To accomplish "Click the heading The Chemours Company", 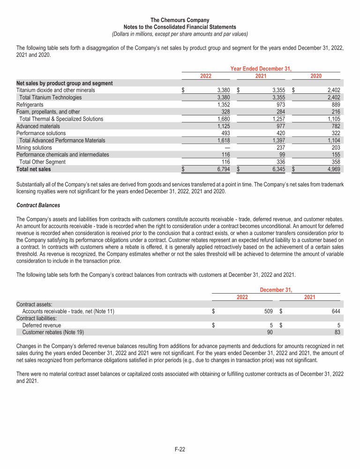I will tap(180, 20).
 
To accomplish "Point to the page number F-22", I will tap(180, 449).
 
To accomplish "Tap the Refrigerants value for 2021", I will tap(279, 105).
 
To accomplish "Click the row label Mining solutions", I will tap(34, 147).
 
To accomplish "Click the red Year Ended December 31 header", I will tap(261, 68).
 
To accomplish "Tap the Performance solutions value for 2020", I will tap(335, 133).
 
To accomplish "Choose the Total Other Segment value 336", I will tap(282, 161).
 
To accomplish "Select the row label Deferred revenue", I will tap(41, 325).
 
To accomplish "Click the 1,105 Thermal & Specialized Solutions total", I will tap(332, 119).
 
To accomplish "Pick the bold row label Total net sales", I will tap(34, 169).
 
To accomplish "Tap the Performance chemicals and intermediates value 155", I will tap(335, 154).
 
